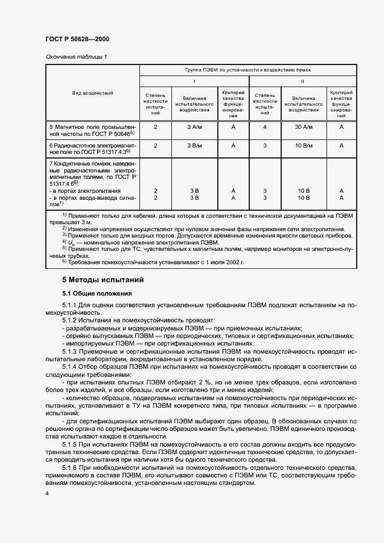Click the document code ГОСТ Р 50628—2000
(x=77, y=39)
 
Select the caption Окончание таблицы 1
(x=76, y=56)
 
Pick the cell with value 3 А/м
(x=195, y=127)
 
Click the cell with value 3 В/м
(x=195, y=146)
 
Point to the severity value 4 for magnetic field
(x=265, y=127)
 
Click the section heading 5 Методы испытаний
(x=103, y=280)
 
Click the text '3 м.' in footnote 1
(x=80, y=221)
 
